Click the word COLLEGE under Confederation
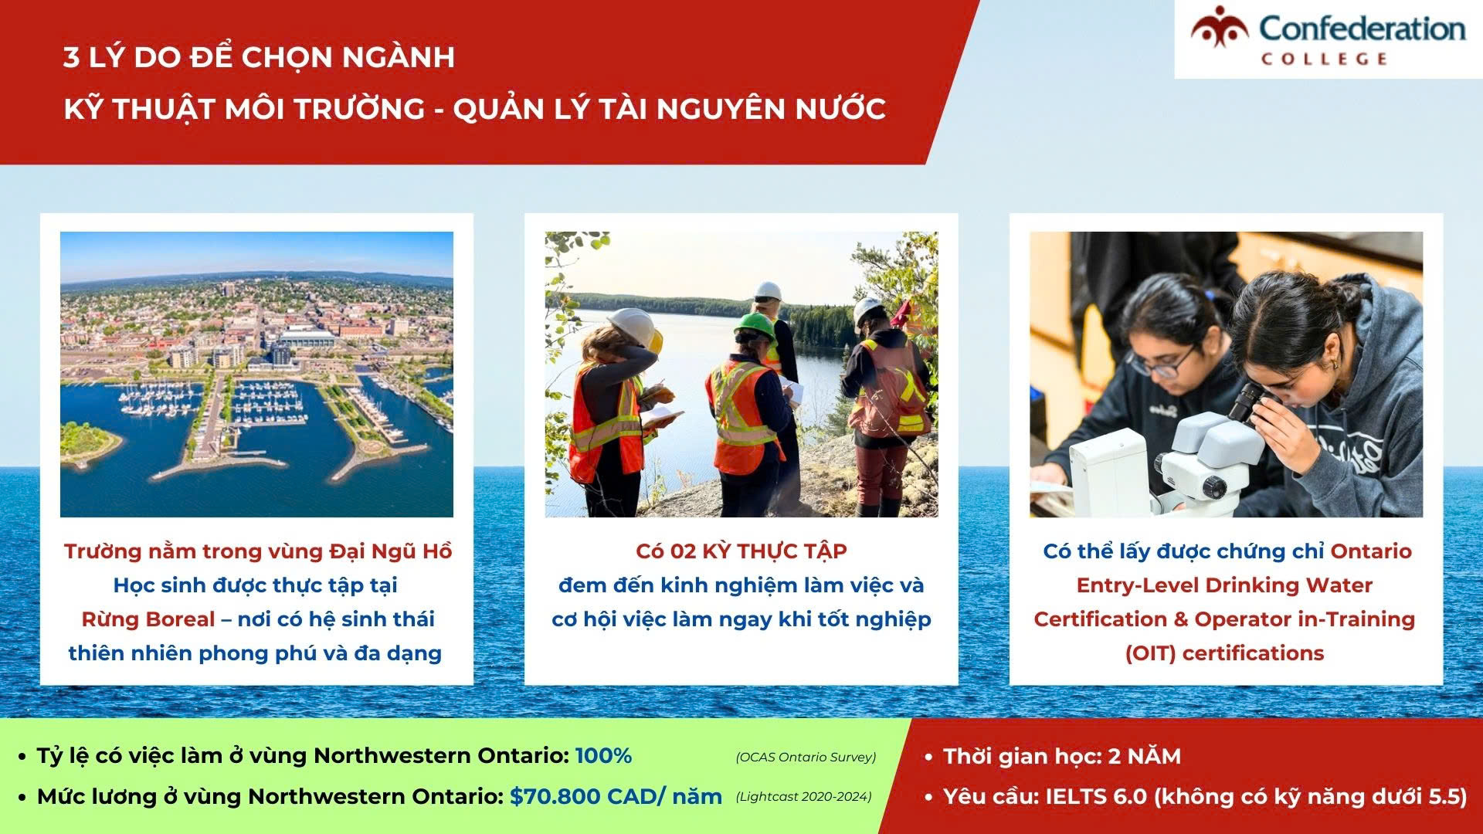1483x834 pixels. click(x=1325, y=59)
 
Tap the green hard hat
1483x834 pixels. click(x=755, y=325)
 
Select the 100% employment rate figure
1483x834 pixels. click(x=604, y=755)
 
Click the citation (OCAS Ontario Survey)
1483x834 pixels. click(x=806, y=757)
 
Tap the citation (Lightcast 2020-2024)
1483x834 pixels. click(x=803, y=796)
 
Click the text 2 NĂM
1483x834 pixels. click(x=1145, y=756)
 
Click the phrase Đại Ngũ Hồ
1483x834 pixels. click(x=391, y=551)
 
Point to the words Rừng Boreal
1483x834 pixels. click(x=148, y=619)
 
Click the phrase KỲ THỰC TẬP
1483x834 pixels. click(x=775, y=551)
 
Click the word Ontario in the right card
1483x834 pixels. click(x=1371, y=551)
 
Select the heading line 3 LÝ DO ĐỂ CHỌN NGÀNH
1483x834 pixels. click(x=260, y=57)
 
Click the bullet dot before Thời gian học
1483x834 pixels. click(x=928, y=758)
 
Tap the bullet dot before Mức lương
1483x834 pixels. click(x=22, y=798)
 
